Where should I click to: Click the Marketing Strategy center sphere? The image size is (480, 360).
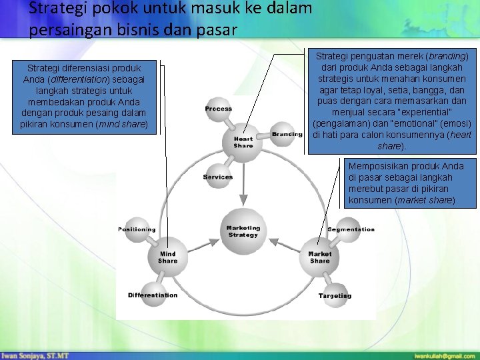(243, 231)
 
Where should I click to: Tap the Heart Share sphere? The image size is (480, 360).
(243, 142)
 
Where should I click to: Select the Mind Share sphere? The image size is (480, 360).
(167, 257)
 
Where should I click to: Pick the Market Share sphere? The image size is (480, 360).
(319, 257)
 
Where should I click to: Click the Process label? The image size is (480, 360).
(219, 109)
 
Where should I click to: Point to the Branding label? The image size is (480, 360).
(287, 134)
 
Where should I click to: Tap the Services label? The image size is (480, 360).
(218, 177)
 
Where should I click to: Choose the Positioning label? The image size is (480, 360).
(137, 229)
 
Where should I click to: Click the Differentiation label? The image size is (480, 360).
(153, 295)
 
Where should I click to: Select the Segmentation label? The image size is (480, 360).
(351, 229)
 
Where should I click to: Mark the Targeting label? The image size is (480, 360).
(335, 295)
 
